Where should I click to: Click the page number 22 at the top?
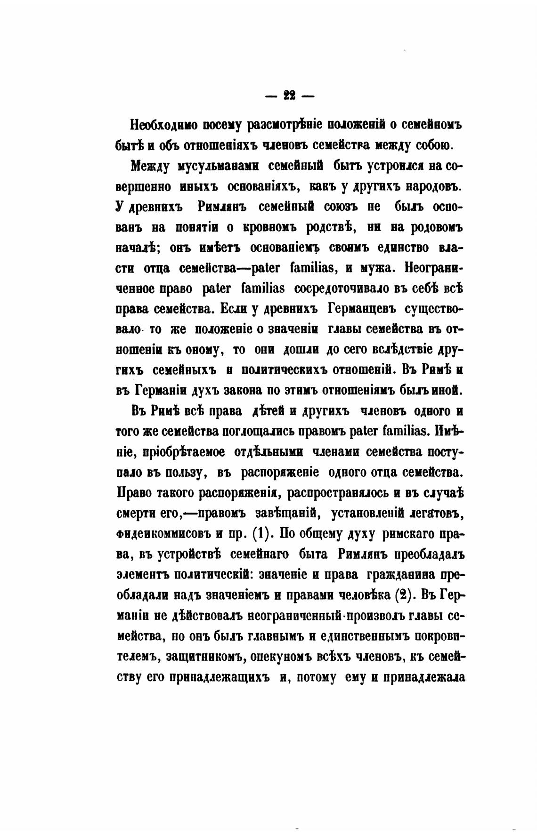pos(289,96)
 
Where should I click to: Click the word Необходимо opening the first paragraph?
pos(161,126)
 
